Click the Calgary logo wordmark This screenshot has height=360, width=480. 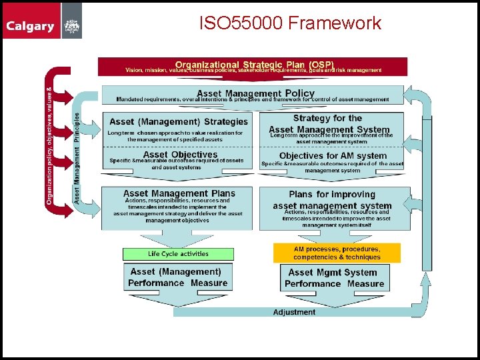(x=30, y=27)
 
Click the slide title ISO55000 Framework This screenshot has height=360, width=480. (x=290, y=23)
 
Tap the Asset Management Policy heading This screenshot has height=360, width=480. (x=255, y=93)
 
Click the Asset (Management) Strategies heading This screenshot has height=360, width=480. (x=178, y=122)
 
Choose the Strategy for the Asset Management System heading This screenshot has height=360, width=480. (x=329, y=124)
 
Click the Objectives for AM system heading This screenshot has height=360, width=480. (x=333, y=156)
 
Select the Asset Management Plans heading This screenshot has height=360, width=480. (x=179, y=193)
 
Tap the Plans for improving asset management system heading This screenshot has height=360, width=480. (x=332, y=200)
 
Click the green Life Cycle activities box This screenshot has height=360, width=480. (x=178, y=254)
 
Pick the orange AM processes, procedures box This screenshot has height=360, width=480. (x=337, y=253)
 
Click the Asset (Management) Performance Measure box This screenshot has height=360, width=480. (x=177, y=277)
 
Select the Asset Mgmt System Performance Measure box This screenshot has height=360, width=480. (x=334, y=278)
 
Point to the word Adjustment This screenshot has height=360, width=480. (x=294, y=312)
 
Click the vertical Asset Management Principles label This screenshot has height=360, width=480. (x=77, y=158)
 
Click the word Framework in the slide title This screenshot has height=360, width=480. (x=337, y=23)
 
